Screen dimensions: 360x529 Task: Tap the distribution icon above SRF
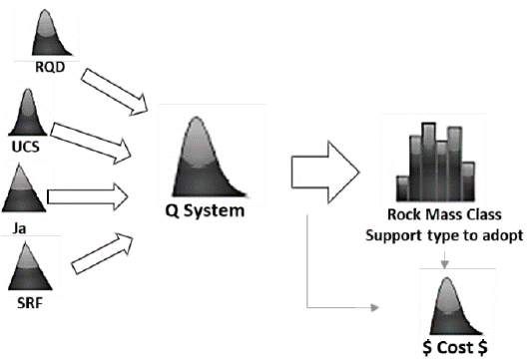[x=32, y=266]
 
